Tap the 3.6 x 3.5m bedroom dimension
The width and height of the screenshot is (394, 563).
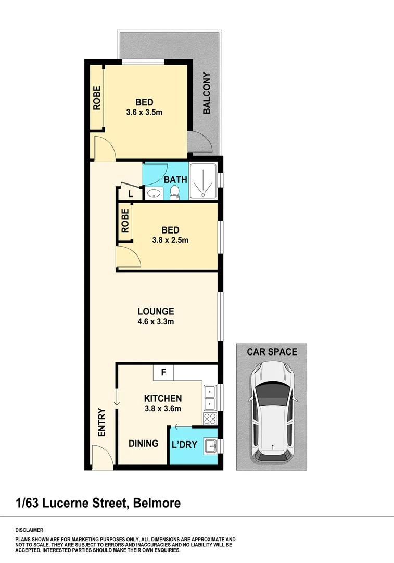coord(144,112)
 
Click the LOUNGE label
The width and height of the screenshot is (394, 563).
coord(152,311)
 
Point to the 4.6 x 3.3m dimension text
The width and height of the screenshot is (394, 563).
coord(152,322)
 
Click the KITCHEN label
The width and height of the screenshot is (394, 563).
coord(162,398)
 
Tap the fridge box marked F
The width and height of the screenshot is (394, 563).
coord(163,373)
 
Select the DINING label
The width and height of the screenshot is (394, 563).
coord(143,443)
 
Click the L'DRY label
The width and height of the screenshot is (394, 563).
coord(184,445)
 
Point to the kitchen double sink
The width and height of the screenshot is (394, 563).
coord(210,397)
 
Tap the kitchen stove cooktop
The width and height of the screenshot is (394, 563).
coord(210,418)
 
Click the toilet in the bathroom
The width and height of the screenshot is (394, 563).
coord(175,193)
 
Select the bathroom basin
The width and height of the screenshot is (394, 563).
coord(153,194)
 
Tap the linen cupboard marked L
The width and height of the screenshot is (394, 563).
coord(131,194)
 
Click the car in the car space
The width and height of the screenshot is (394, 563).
coord(272,412)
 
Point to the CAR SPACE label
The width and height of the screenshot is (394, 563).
coord(272,352)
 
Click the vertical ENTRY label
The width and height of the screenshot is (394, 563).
coord(101,422)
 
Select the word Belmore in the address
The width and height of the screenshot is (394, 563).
coord(157,503)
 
